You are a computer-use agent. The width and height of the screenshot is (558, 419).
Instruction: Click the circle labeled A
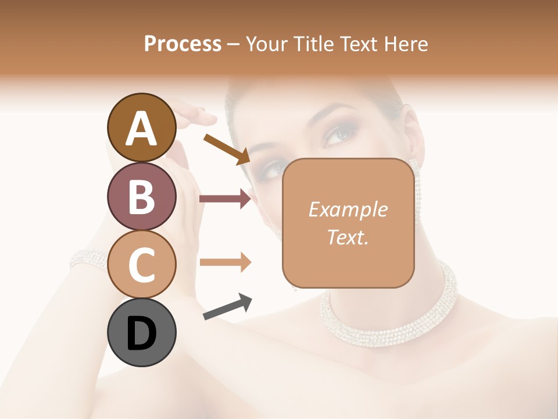tap(141, 127)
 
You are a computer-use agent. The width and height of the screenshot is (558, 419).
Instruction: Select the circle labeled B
tap(141, 196)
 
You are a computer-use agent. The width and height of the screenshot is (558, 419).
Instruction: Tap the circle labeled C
tap(141, 264)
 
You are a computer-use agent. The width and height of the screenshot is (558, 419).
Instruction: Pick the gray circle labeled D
tap(141, 332)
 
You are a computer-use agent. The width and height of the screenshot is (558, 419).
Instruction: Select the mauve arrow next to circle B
tap(225, 199)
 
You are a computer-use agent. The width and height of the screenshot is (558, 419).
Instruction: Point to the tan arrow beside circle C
tap(225, 262)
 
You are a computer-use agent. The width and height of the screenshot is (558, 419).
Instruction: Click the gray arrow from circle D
tap(227, 307)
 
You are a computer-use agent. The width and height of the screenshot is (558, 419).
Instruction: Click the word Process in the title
tap(183, 44)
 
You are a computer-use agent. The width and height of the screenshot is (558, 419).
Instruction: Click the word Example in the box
tap(348, 210)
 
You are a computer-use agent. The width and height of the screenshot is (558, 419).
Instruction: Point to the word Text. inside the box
tap(348, 237)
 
